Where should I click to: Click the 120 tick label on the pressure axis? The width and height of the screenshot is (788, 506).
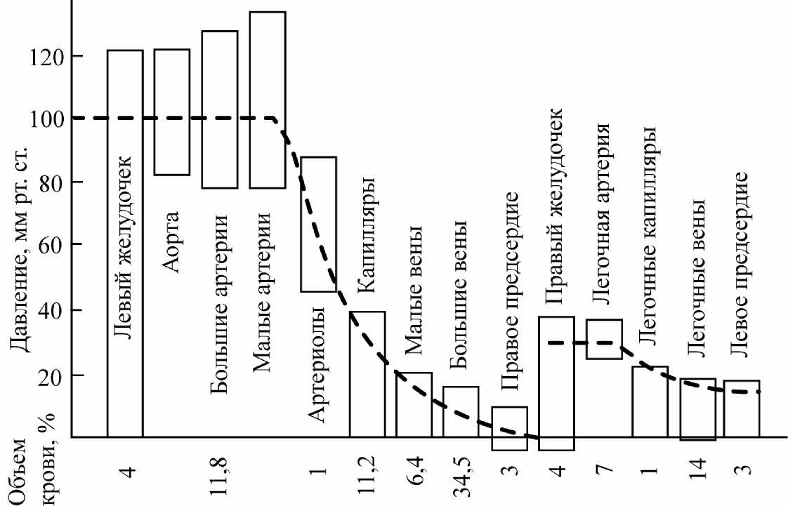point(46,56)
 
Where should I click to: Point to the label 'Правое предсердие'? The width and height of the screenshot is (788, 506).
point(511,291)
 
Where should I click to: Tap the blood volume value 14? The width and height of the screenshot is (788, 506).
point(697,470)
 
